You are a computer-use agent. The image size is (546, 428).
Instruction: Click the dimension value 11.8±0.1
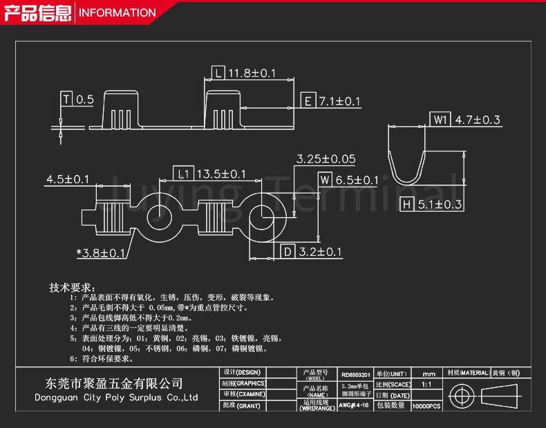tap(252, 73)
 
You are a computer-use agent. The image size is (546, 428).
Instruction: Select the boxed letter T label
tap(66, 100)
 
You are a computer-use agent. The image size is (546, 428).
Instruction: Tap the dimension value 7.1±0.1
tap(339, 102)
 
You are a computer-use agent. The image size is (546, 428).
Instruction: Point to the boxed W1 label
tap(440, 120)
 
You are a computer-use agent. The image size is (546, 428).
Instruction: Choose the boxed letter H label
tap(408, 204)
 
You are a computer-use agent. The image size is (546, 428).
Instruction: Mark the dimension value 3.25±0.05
tap(326, 159)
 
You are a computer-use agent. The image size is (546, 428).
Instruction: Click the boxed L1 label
tap(181, 174)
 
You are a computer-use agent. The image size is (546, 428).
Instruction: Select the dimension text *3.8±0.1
tap(101, 253)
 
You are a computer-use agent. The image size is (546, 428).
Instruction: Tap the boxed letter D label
tap(287, 252)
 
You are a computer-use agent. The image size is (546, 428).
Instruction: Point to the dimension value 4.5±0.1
tap(68, 180)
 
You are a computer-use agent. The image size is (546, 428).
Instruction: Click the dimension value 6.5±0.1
tap(357, 180)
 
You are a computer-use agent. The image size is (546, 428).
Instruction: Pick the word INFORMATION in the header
tap(115, 12)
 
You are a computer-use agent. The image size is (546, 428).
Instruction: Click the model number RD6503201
tap(355, 374)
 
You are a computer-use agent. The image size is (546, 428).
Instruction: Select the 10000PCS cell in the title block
tap(426, 406)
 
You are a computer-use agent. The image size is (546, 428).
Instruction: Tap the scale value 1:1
tap(426, 384)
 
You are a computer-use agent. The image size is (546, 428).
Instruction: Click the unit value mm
tap(429, 373)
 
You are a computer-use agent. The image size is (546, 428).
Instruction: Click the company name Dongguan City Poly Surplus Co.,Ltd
tap(116, 398)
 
